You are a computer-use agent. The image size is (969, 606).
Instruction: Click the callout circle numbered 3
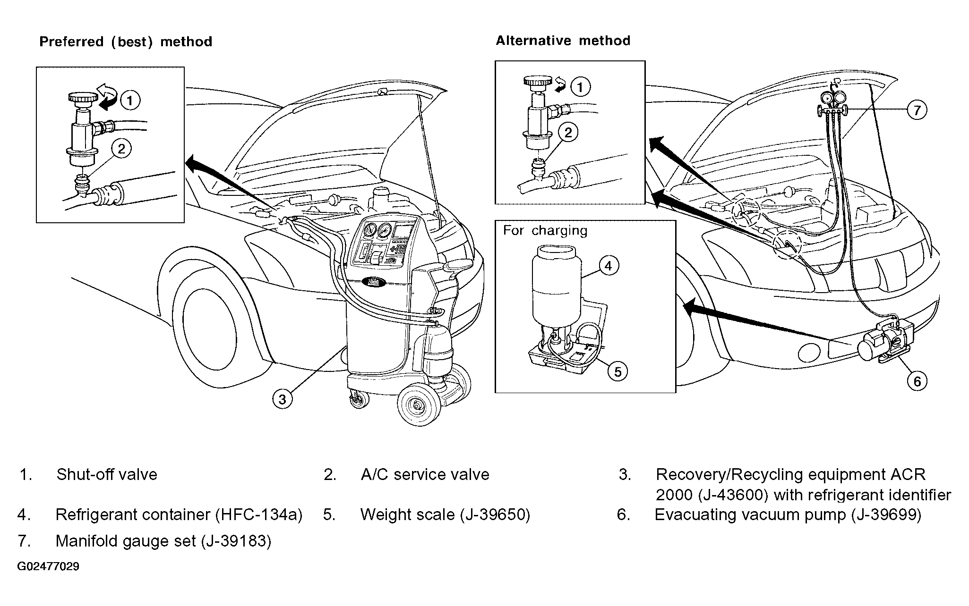(x=282, y=399)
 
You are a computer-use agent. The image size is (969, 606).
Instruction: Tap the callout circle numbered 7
(x=917, y=110)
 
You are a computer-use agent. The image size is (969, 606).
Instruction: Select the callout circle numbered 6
(x=917, y=381)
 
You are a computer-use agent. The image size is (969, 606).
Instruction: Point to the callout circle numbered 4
(x=608, y=266)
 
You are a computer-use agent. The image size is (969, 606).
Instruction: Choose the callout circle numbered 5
(x=618, y=371)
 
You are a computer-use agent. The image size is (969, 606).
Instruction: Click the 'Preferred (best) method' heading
(x=126, y=42)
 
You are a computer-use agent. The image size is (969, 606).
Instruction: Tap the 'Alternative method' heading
(x=563, y=41)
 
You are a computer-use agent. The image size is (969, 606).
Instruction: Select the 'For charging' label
(x=545, y=231)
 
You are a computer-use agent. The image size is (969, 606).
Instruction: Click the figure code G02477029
(x=48, y=566)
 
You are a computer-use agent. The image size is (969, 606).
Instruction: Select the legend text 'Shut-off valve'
(x=107, y=474)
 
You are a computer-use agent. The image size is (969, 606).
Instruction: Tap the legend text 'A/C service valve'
(x=425, y=474)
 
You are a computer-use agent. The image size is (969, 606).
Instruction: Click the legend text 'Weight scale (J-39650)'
(x=445, y=514)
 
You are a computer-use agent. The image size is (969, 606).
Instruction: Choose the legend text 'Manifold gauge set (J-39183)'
(x=163, y=541)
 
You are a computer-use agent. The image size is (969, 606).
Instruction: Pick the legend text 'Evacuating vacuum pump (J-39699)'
(x=788, y=514)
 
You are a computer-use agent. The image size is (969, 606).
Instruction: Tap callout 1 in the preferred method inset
(x=130, y=100)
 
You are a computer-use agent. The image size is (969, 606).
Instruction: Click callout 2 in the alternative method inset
(x=567, y=132)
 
